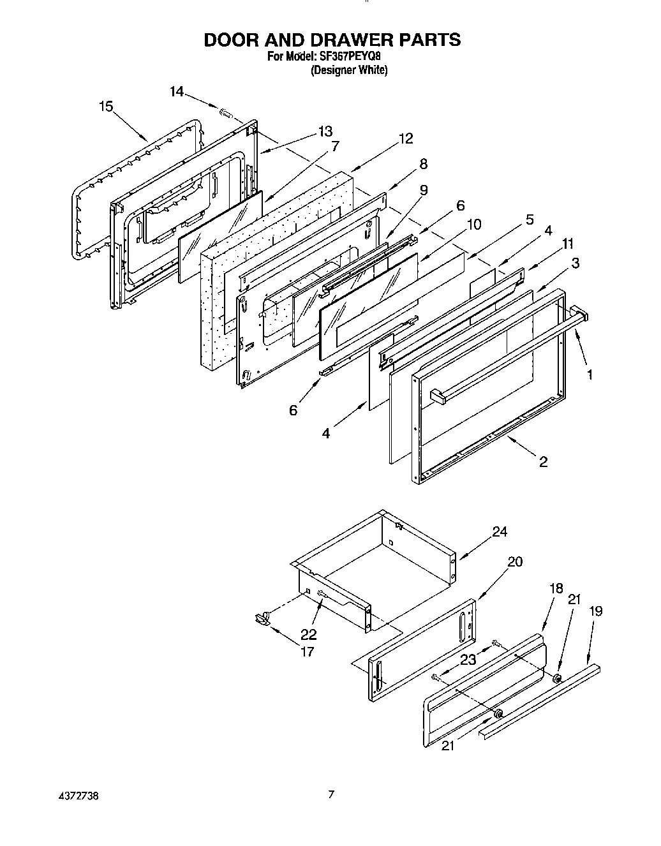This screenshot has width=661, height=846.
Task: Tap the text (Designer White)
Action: coord(349,70)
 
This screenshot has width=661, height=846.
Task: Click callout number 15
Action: coord(106,107)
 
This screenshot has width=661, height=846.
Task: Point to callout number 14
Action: coord(177,92)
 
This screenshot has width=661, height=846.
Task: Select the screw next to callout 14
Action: coord(226,114)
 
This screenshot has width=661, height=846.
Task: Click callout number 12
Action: coord(406,138)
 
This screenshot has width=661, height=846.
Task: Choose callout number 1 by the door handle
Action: coord(590,375)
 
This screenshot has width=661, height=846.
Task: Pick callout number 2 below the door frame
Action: coord(543,462)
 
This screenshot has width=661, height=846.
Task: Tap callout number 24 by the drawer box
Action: coord(500,531)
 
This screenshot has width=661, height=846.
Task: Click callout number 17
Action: coord(307,652)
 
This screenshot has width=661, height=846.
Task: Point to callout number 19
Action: coord(595,611)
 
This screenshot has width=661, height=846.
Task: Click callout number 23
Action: coord(468,660)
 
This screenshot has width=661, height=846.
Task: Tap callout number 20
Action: coord(515,561)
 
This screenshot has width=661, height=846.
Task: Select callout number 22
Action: coord(309,635)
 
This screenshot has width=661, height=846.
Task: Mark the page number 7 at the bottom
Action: coord(330,795)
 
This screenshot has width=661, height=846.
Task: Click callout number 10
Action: coord(474,225)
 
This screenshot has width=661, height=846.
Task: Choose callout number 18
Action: coord(556,588)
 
